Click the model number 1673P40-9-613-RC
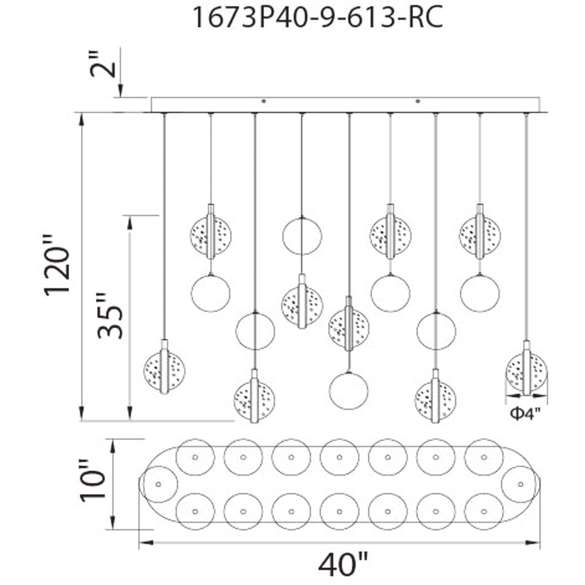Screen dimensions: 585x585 [318, 17]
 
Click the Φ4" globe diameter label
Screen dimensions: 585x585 [525, 413]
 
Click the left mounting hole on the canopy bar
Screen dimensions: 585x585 [264, 101]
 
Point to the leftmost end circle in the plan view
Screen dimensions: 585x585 [158, 484]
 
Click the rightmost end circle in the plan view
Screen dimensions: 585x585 [520, 484]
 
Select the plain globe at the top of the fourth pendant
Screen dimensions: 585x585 [302, 236]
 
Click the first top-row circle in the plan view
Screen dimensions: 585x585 [195, 457]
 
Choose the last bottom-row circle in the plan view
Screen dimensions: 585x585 [483, 511]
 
